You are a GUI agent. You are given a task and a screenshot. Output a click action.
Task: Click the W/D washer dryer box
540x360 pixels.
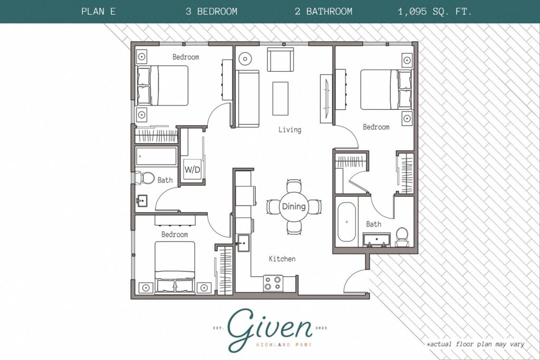191,170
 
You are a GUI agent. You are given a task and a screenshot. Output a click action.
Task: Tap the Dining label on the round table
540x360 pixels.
294,207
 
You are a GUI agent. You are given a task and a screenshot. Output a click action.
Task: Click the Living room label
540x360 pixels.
290,130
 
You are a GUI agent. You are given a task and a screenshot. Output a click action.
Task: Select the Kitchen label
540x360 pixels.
282,259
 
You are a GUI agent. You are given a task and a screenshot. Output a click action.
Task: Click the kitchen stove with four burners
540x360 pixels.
273,283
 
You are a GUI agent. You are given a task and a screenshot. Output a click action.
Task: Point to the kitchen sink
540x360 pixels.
244,244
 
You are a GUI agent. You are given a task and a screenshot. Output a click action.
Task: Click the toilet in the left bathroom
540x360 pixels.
145,178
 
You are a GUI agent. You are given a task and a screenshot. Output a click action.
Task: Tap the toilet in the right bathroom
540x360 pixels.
402,236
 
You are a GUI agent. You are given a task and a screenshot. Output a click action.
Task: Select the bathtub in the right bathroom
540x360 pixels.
346,222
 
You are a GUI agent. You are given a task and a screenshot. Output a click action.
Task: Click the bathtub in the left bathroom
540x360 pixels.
156,157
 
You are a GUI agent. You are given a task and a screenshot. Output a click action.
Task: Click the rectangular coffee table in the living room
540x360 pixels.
280,99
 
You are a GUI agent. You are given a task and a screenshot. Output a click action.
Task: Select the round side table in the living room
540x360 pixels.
246,60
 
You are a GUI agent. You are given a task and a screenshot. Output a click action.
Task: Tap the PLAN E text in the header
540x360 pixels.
99,12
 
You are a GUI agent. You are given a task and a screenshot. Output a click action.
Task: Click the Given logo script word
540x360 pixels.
270,329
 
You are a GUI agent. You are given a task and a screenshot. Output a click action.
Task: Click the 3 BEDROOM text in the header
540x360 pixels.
211,12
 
